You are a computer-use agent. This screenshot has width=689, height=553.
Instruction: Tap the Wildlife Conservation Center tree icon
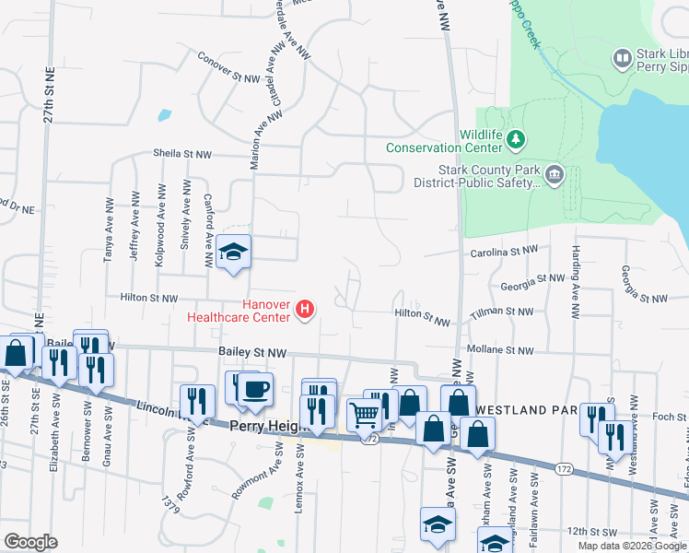tap(517, 139)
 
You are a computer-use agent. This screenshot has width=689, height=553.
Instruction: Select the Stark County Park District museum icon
tap(554, 175)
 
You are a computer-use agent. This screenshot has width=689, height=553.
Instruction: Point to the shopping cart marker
tap(365, 416)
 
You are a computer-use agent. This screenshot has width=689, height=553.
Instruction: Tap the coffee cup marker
tap(255, 388)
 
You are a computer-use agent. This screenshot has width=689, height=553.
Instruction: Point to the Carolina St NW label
tap(505, 250)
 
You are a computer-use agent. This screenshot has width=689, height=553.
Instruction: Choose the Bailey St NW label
tap(253, 352)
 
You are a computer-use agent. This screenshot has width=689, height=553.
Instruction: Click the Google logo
tap(31, 542)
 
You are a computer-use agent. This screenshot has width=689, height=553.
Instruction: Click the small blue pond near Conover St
tap(164, 116)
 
